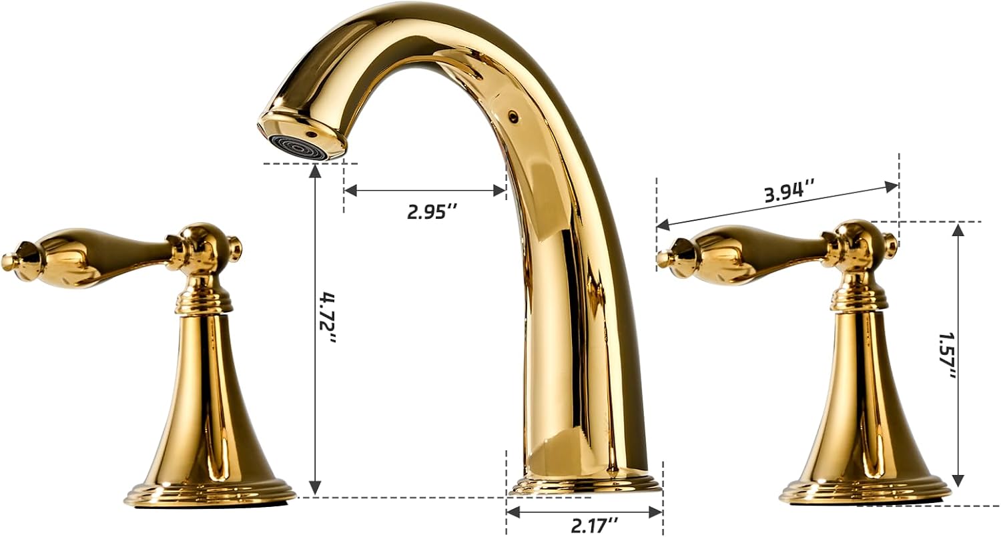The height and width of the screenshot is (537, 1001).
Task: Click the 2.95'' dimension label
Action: (x=432, y=211)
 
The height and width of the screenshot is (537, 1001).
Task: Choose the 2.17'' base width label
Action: (x=594, y=526)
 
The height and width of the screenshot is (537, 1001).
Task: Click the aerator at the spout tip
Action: (x=299, y=146)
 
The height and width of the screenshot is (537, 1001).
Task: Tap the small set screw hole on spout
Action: (x=513, y=117)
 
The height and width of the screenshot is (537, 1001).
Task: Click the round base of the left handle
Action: (x=210, y=494)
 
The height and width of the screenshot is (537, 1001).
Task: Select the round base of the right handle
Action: (x=865, y=492)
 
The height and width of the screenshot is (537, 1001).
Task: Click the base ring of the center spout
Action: (x=585, y=484)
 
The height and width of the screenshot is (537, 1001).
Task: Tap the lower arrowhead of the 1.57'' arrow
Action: (x=958, y=480)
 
